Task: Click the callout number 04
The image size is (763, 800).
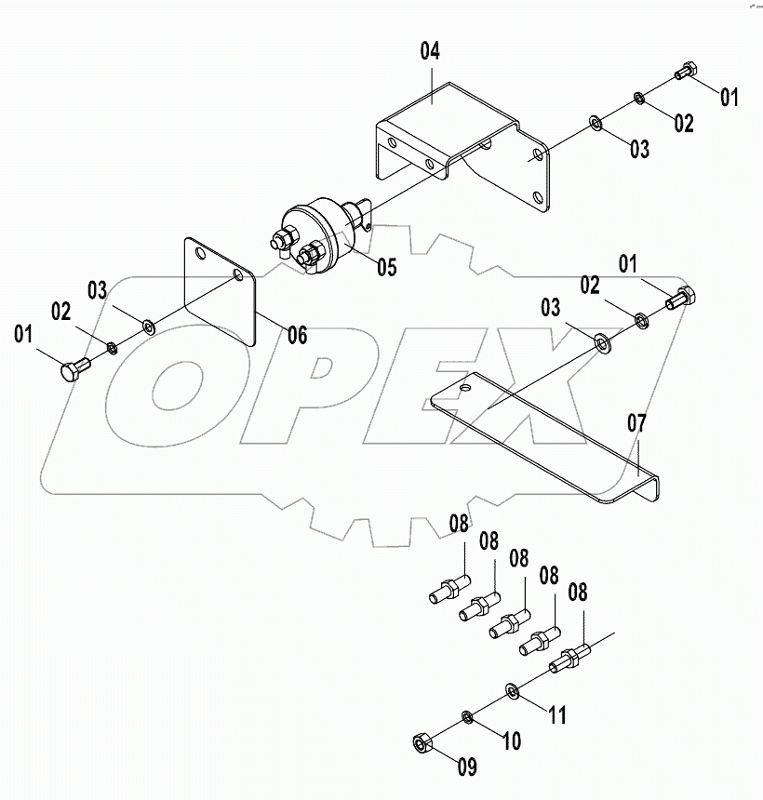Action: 430,51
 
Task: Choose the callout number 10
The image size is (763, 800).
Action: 511,741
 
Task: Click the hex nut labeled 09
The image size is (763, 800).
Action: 421,742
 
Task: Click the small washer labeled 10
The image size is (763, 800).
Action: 466,716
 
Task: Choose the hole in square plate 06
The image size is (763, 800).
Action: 239,275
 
